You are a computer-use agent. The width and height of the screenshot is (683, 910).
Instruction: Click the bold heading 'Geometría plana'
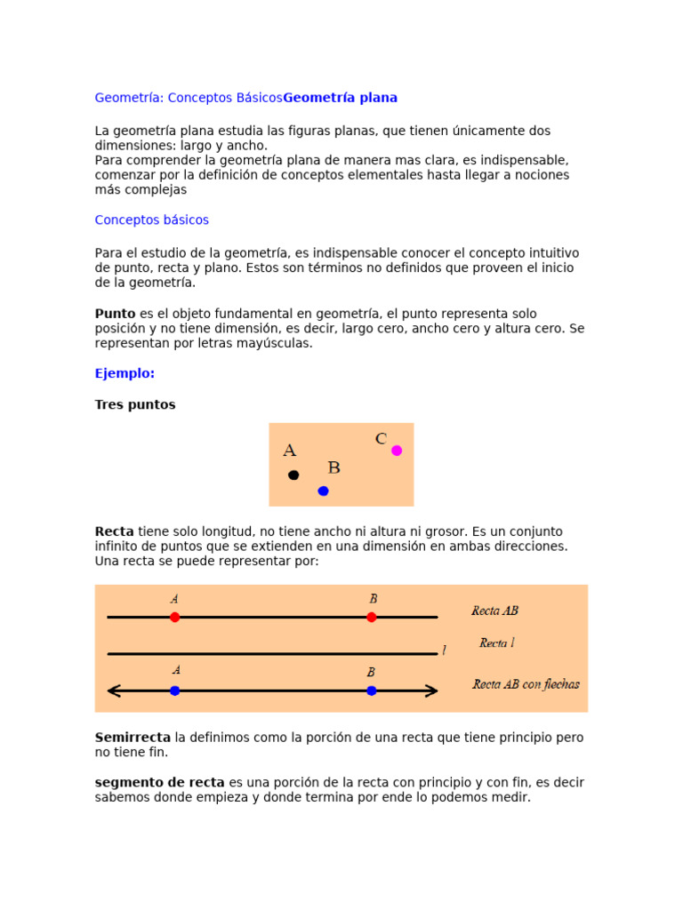pyautogui.click(x=340, y=98)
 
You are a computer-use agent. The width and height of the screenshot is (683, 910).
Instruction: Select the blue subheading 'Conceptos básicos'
pyautogui.click(x=152, y=220)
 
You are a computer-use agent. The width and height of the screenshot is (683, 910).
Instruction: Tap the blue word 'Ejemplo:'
pyautogui.click(x=125, y=374)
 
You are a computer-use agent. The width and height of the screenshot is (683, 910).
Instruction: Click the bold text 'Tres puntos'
pyautogui.click(x=135, y=405)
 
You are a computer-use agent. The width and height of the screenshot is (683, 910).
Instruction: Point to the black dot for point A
pyautogui.click(x=293, y=475)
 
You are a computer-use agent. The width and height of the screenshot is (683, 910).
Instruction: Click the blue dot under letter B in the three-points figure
pyautogui.click(x=323, y=491)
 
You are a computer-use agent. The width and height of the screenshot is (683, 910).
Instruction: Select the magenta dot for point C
pyautogui.click(x=397, y=451)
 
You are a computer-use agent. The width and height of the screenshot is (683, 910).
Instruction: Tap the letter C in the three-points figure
pyautogui.click(x=381, y=439)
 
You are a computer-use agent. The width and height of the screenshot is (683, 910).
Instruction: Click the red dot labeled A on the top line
pyautogui.click(x=174, y=617)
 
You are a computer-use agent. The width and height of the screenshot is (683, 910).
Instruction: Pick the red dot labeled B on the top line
pyautogui.click(x=372, y=617)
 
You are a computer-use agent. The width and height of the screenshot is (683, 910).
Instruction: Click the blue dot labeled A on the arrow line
pyautogui.click(x=174, y=690)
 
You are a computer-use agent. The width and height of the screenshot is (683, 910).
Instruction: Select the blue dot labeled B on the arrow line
pyautogui.click(x=372, y=690)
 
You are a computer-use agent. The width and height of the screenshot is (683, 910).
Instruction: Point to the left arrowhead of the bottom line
pyautogui.click(x=113, y=690)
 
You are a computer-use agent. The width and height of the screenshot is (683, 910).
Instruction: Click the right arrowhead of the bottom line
pyautogui.click(x=432, y=690)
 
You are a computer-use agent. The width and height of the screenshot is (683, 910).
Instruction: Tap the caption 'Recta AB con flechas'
pyautogui.click(x=526, y=684)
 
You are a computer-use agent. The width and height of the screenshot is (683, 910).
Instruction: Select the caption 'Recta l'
pyautogui.click(x=497, y=643)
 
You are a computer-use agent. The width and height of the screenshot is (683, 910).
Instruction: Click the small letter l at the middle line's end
pyautogui.click(x=444, y=651)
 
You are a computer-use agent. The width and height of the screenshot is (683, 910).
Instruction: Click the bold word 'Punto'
pyautogui.click(x=115, y=314)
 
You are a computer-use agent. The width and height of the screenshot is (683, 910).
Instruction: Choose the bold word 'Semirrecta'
pyautogui.click(x=133, y=738)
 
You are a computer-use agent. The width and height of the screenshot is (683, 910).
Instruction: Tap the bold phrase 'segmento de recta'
pyautogui.click(x=159, y=783)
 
